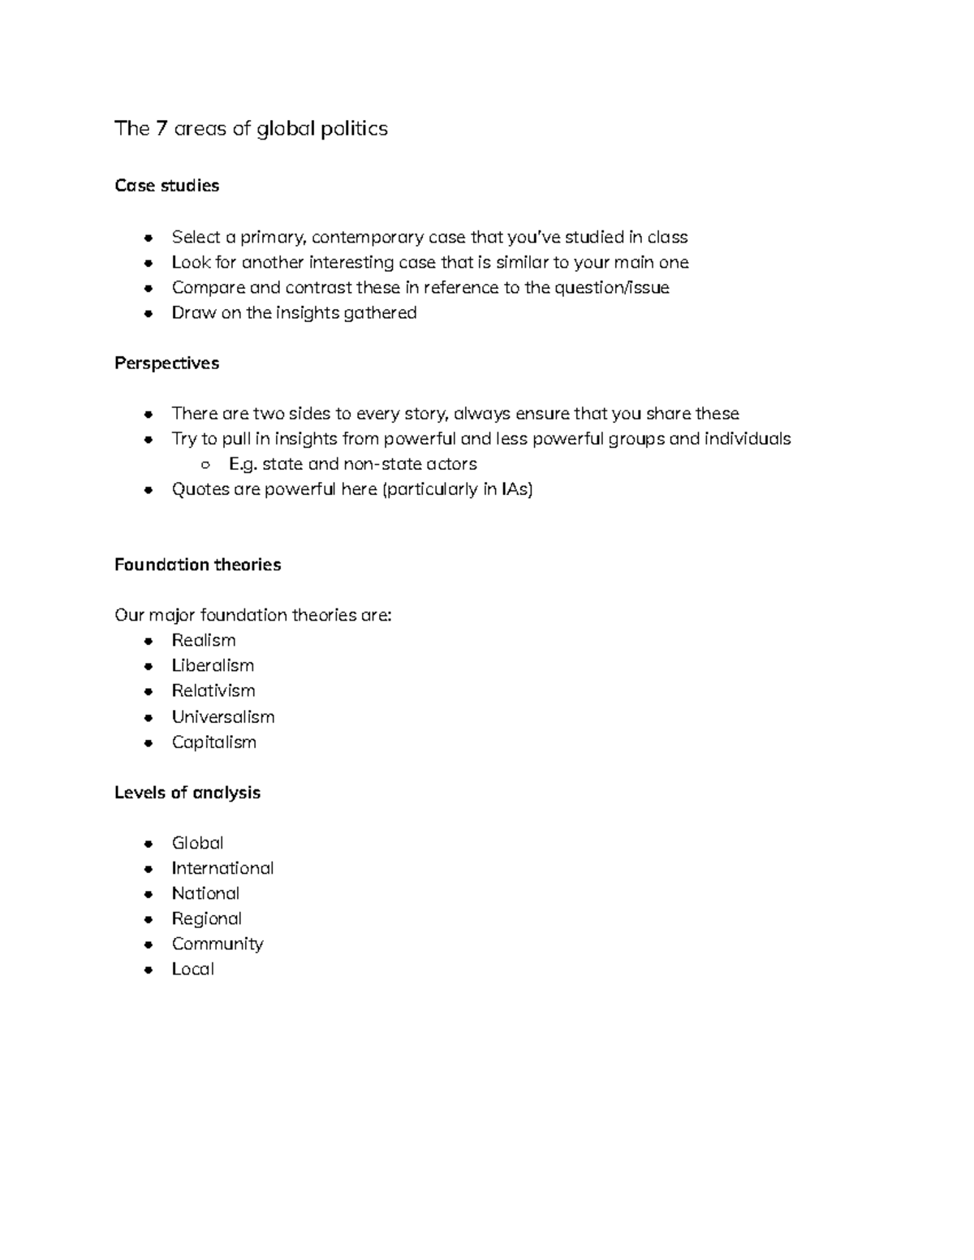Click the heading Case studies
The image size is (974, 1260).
[x=166, y=186]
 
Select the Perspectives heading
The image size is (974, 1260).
[x=166, y=363]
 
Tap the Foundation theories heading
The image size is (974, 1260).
[x=197, y=565]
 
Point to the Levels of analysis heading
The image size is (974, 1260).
[x=187, y=793]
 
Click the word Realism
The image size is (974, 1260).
[x=203, y=640]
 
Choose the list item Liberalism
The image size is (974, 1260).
[x=213, y=665]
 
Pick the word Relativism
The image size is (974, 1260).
[x=213, y=690]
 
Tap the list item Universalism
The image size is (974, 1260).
[x=222, y=717]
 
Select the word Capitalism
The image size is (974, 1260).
[x=213, y=742]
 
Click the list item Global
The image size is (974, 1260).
[x=197, y=843]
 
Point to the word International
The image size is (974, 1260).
[x=222, y=868]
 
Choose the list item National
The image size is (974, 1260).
[x=205, y=893]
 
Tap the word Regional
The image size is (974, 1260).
[x=206, y=918]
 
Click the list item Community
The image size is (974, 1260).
[x=218, y=944]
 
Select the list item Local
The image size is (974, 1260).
[x=192, y=969]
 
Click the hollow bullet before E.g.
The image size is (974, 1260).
[x=205, y=465]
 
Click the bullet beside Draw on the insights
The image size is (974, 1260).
[x=148, y=313]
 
